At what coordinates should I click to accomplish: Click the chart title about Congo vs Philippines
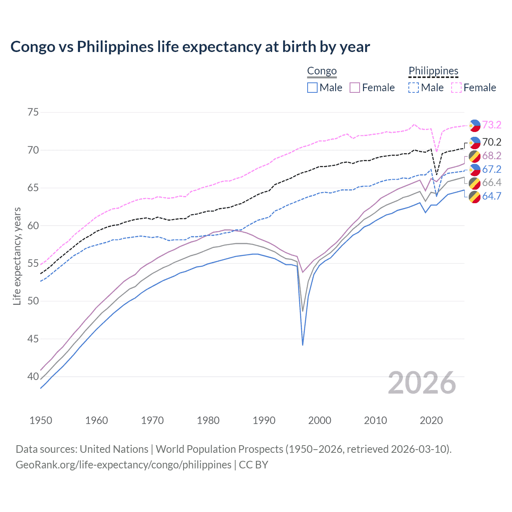point(190,47)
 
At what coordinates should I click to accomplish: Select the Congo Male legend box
point(312,88)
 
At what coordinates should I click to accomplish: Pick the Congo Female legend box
point(355,88)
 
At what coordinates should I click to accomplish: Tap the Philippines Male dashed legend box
point(414,88)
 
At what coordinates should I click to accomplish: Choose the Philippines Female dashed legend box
point(456,88)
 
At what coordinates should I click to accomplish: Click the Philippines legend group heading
point(433,71)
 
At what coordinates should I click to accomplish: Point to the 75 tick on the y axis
point(33,112)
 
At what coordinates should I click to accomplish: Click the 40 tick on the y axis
point(33,376)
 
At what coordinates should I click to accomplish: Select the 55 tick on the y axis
point(33,263)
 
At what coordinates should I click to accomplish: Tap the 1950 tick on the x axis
point(41,420)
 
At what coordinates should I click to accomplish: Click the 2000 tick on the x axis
point(320,420)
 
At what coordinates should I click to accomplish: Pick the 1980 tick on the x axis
point(208,420)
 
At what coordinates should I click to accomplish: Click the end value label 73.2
point(492,125)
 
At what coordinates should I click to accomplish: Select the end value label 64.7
point(492,196)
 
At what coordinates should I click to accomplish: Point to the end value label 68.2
point(492,156)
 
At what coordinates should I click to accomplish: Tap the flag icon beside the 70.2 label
point(474,142)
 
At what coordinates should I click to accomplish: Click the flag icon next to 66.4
point(474,183)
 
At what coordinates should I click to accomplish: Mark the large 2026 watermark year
point(422,383)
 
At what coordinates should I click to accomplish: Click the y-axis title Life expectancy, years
point(17,256)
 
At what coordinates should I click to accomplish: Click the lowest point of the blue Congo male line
point(303,345)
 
